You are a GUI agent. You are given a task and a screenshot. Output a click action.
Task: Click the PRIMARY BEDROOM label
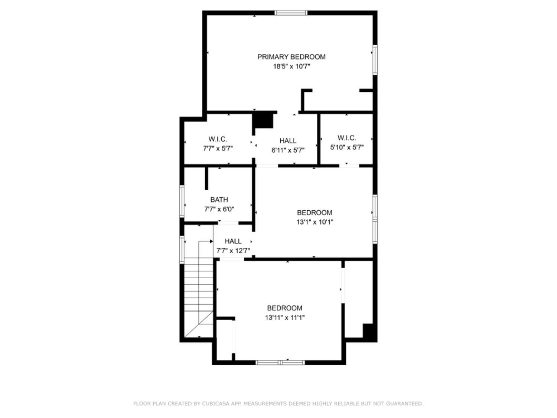point(291,57)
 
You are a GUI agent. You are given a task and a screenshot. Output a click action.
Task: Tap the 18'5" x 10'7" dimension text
point(291,67)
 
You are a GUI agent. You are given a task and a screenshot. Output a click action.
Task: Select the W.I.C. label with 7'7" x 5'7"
point(218,139)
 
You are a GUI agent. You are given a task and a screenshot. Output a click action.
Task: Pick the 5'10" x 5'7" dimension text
point(347,148)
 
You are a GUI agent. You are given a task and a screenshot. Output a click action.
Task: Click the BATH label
point(219,200)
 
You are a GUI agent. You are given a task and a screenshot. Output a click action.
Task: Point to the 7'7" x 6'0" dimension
point(219,210)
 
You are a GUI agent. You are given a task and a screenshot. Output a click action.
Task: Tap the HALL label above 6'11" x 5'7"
point(288,141)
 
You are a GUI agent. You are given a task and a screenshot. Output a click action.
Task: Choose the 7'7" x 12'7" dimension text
point(233,251)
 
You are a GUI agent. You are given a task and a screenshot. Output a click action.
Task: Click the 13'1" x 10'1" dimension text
point(315,222)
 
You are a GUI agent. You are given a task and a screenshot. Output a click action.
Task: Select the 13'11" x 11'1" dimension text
point(285,318)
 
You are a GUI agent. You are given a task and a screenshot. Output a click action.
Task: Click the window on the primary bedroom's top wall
point(291,13)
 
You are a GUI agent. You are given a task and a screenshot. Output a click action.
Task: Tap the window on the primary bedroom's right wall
point(375,60)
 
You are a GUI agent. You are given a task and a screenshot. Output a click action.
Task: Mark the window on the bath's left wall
point(182,201)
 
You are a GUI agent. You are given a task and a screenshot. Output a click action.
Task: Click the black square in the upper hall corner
point(263,121)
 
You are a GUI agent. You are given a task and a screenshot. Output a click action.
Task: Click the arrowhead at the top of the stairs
point(211,242)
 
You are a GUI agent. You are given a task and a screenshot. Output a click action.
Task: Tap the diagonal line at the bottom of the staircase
point(199,325)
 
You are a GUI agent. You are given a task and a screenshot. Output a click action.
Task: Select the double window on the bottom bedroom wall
point(280,363)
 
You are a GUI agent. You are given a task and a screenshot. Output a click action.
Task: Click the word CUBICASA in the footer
point(214,403)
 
